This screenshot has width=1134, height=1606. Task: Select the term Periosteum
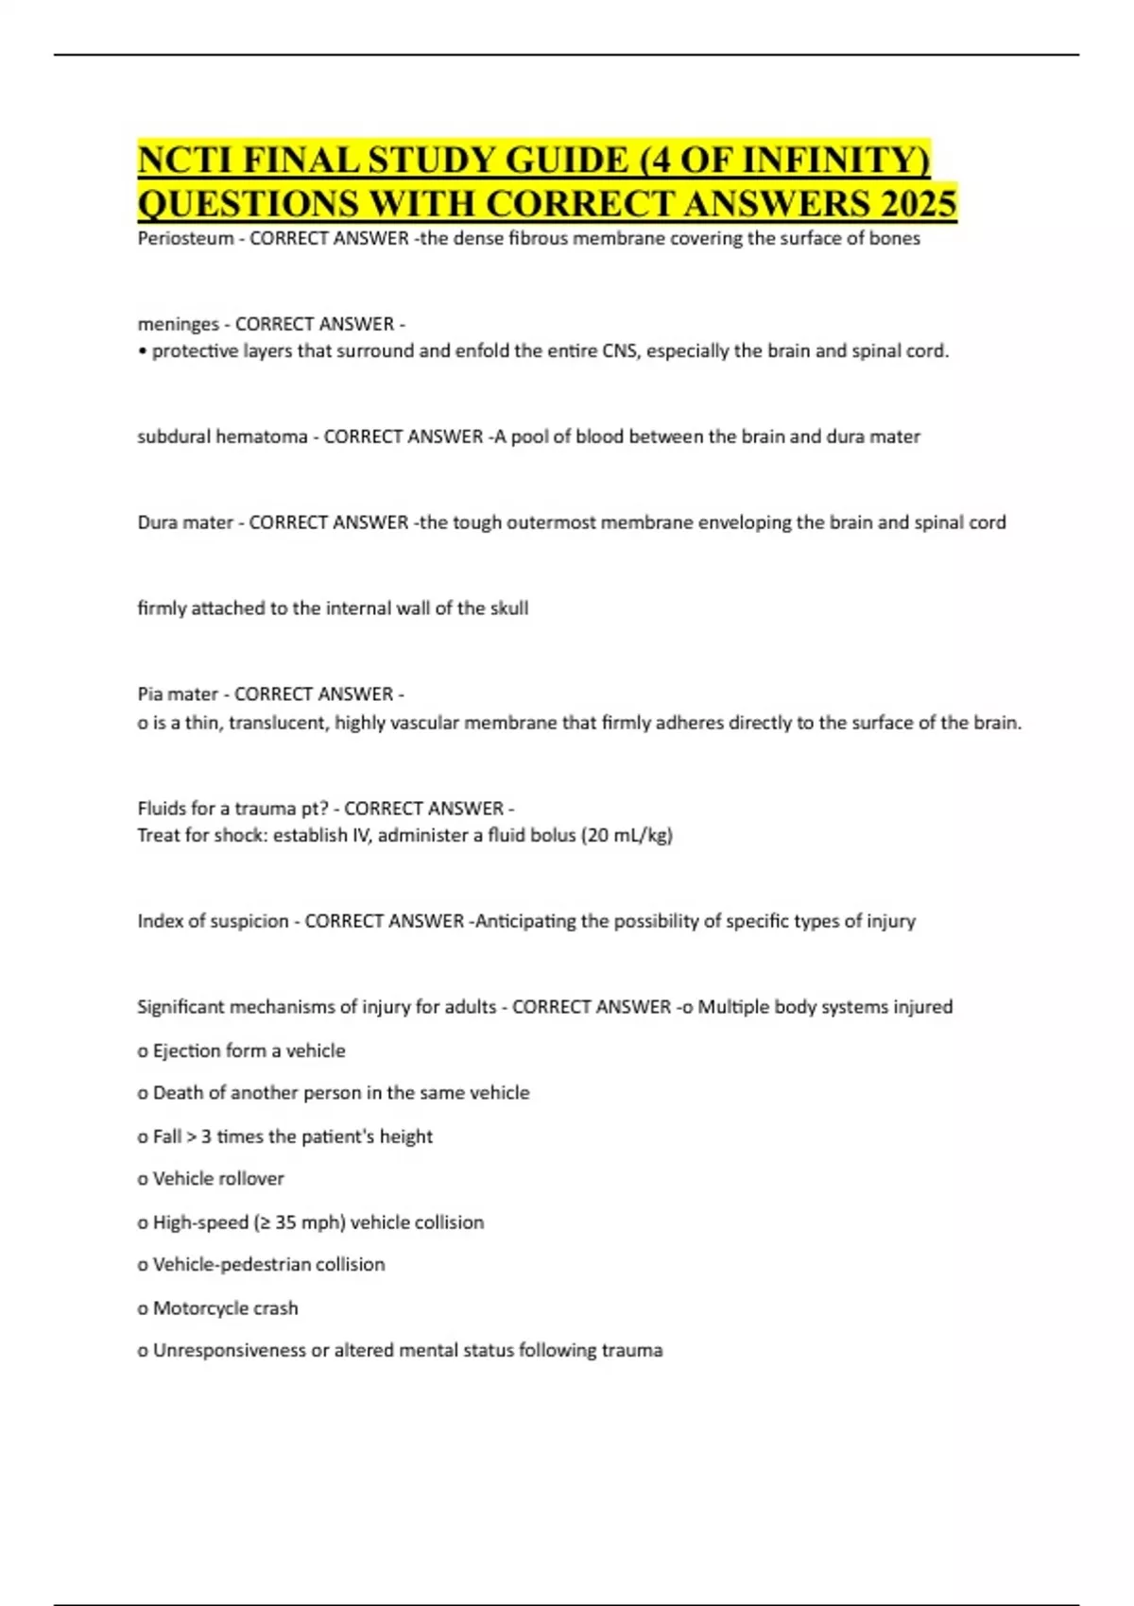[185, 238]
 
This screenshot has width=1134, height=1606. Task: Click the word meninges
[179, 324]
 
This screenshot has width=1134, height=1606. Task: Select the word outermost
[550, 522]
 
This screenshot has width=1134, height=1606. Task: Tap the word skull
[508, 608]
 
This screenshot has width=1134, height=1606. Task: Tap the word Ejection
[186, 1051]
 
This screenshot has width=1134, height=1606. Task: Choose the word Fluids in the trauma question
[162, 809]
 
